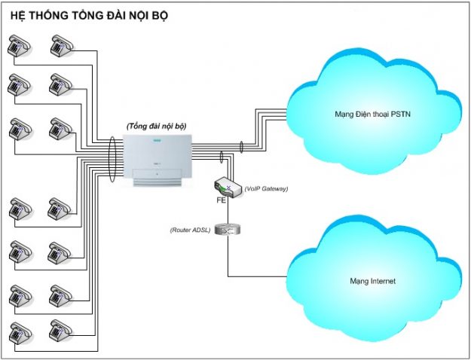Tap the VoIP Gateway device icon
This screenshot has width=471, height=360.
pos(227,188)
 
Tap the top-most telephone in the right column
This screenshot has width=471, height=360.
pos(60,47)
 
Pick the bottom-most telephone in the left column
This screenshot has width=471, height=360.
pos(17,332)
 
